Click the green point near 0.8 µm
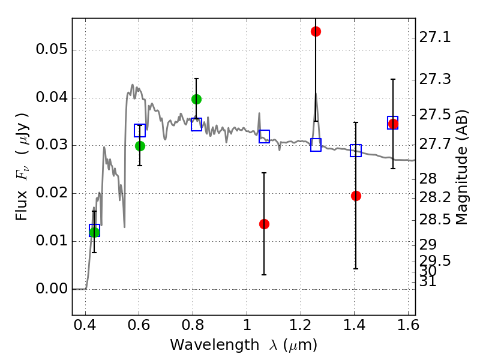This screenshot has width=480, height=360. (196, 99)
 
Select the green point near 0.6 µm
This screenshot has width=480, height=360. (140, 146)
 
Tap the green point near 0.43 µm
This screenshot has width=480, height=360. (94, 232)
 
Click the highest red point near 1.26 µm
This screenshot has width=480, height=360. (316, 31)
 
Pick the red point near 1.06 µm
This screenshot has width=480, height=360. (264, 224)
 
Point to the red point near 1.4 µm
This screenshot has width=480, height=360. (356, 196)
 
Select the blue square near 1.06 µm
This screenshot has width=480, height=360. (264, 136)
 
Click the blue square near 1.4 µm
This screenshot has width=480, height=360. (356, 151)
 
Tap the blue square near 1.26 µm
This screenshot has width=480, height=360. (316, 145)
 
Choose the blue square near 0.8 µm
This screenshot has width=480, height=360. (196, 125)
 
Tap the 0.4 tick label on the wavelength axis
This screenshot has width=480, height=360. (85, 326)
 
